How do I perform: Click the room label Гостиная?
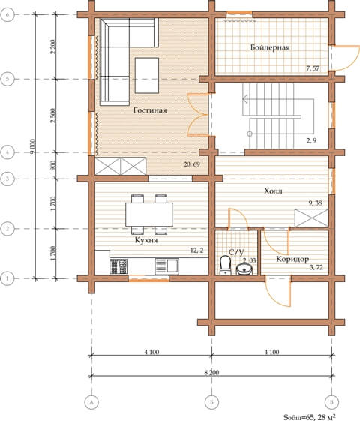(x=150, y=110)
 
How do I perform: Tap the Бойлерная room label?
(x=270, y=47)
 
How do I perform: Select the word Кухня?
(x=146, y=239)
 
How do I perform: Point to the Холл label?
(x=273, y=191)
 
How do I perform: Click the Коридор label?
(x=292, y=259)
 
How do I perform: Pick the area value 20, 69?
(x=191, y=164)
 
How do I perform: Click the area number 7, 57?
(x=313, y=68)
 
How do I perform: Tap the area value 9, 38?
(x=315, y=203)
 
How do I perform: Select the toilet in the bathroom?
(x=225, y=265)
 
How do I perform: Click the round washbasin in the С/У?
(x=244, y=269)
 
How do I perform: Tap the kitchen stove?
(x=118, y=266)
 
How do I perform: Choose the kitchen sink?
(x=166, y=266)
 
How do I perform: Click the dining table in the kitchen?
(x=149, y=215)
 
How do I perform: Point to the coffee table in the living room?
(x=147, y=75)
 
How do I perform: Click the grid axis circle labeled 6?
(x=7, y=14)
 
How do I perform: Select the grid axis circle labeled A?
(x=91, y=402)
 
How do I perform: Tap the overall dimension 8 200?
(x=211, y=373)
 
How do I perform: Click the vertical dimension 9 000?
(x=33, y=146)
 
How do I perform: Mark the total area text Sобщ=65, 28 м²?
(x=309, y=417)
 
